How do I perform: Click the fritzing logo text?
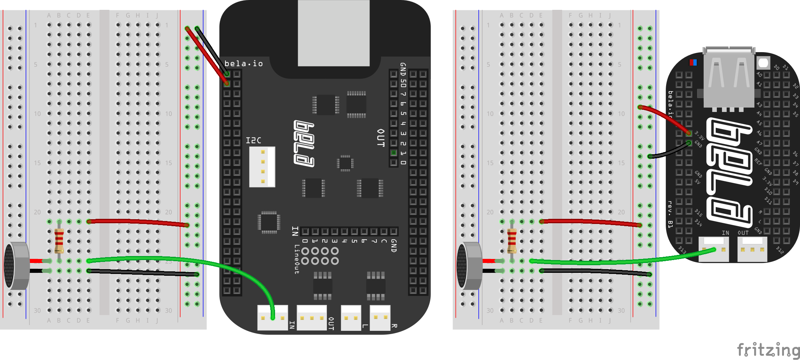(768, 350)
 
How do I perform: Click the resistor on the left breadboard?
(59, 241)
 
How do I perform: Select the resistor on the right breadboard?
(512, 241)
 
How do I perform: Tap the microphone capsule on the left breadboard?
(16, 266)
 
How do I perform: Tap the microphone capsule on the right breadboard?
(469, 266)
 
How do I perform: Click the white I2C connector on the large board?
(262, 167)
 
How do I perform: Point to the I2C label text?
(254, 140)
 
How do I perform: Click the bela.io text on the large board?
(244, 63)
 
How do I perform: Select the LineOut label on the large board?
(297, 259)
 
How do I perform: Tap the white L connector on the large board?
(351, 318)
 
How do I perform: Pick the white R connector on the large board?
(380, 318)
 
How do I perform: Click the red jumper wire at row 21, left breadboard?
(139, 222)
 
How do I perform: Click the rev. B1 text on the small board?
(670, 214)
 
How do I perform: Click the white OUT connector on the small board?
(752, 249)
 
